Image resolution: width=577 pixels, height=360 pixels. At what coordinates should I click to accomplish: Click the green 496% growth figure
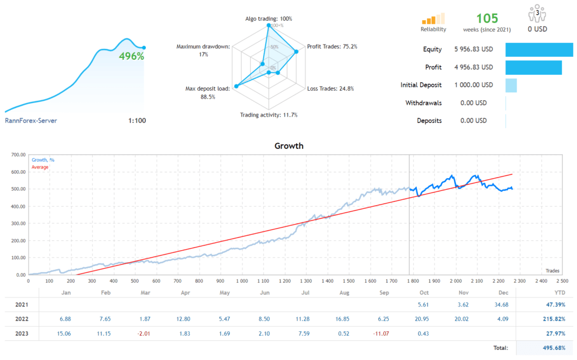coord(131,56)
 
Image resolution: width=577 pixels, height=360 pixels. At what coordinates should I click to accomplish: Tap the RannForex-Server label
coord(31,121)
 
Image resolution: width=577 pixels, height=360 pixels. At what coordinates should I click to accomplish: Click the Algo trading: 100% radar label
coord(268,19)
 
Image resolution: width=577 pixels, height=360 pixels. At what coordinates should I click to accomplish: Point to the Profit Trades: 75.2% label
coord(332,47)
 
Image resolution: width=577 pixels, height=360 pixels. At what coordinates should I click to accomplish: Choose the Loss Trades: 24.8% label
coord(329,88)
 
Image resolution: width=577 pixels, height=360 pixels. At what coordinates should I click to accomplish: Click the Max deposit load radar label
coord(208,93)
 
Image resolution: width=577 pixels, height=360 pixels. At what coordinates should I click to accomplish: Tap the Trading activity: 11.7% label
coord(268,115)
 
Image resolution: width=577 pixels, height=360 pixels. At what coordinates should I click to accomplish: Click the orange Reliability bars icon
coord(433,18)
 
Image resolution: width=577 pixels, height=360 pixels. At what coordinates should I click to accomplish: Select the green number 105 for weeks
coord(488,18)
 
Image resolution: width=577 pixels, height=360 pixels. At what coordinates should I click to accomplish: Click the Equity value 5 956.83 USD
coord(473,50)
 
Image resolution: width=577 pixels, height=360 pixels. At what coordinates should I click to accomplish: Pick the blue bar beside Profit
coord(533,68)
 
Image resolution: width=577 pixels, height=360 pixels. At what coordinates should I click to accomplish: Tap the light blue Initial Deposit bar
coord(511,86)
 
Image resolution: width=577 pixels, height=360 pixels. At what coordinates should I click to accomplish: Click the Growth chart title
coord(288,146)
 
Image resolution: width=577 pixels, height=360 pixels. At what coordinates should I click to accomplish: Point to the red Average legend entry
coord(40,167)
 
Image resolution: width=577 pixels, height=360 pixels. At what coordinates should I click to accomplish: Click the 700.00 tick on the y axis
coord(19,154)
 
